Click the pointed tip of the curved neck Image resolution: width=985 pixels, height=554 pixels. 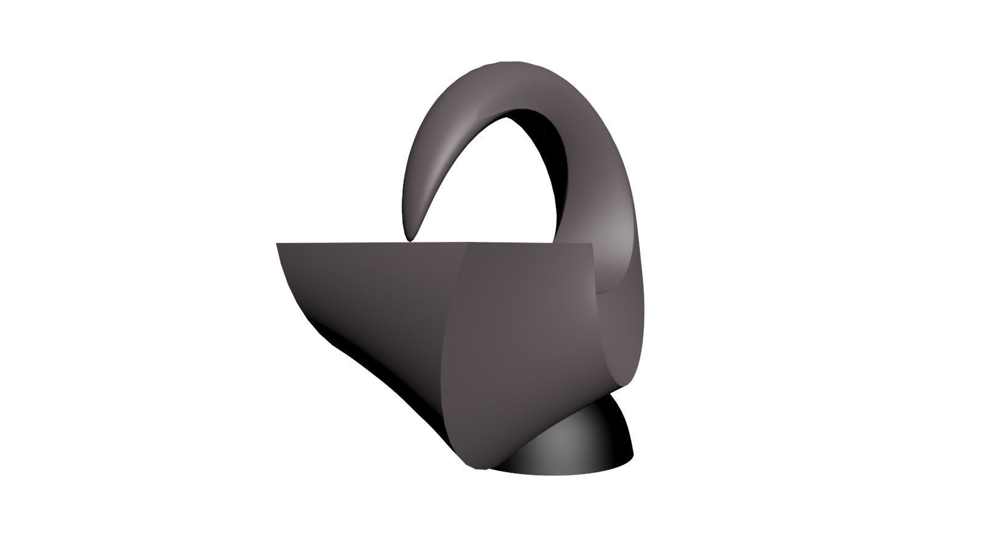[409, 236]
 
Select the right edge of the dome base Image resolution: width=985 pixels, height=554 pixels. [632, 454]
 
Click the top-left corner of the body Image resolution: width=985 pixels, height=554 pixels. [278, 244]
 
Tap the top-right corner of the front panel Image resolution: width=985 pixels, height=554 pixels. [591, 244]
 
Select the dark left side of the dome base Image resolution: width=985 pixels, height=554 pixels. [523, 459]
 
